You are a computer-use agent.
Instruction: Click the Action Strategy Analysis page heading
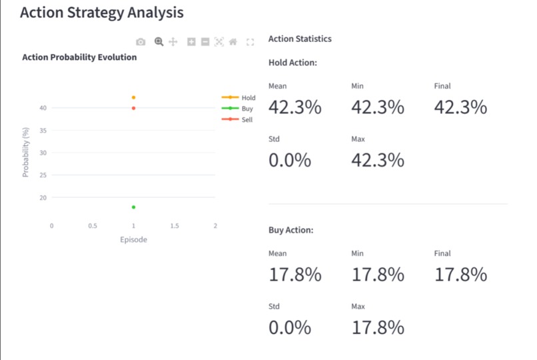(101, 13)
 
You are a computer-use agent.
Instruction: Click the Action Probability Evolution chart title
(79, 57)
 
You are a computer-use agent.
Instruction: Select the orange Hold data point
(134, 97)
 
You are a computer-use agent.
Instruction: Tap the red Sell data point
(134, 108)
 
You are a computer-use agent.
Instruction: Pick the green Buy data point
(134, 207)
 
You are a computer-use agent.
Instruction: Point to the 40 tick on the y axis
(43, 108)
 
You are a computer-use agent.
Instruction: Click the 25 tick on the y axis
(43, 175)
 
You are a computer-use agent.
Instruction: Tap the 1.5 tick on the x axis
(175, 226)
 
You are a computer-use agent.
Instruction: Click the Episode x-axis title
(133, 239)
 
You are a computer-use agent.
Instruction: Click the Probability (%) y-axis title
(26, 153)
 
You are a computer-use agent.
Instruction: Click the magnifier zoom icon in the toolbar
(159, 42)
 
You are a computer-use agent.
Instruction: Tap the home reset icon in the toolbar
(233, 42)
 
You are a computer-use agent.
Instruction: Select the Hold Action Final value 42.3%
(460, 107)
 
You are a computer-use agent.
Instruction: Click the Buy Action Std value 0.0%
(290, 327)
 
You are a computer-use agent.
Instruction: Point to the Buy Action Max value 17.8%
(377, 327)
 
